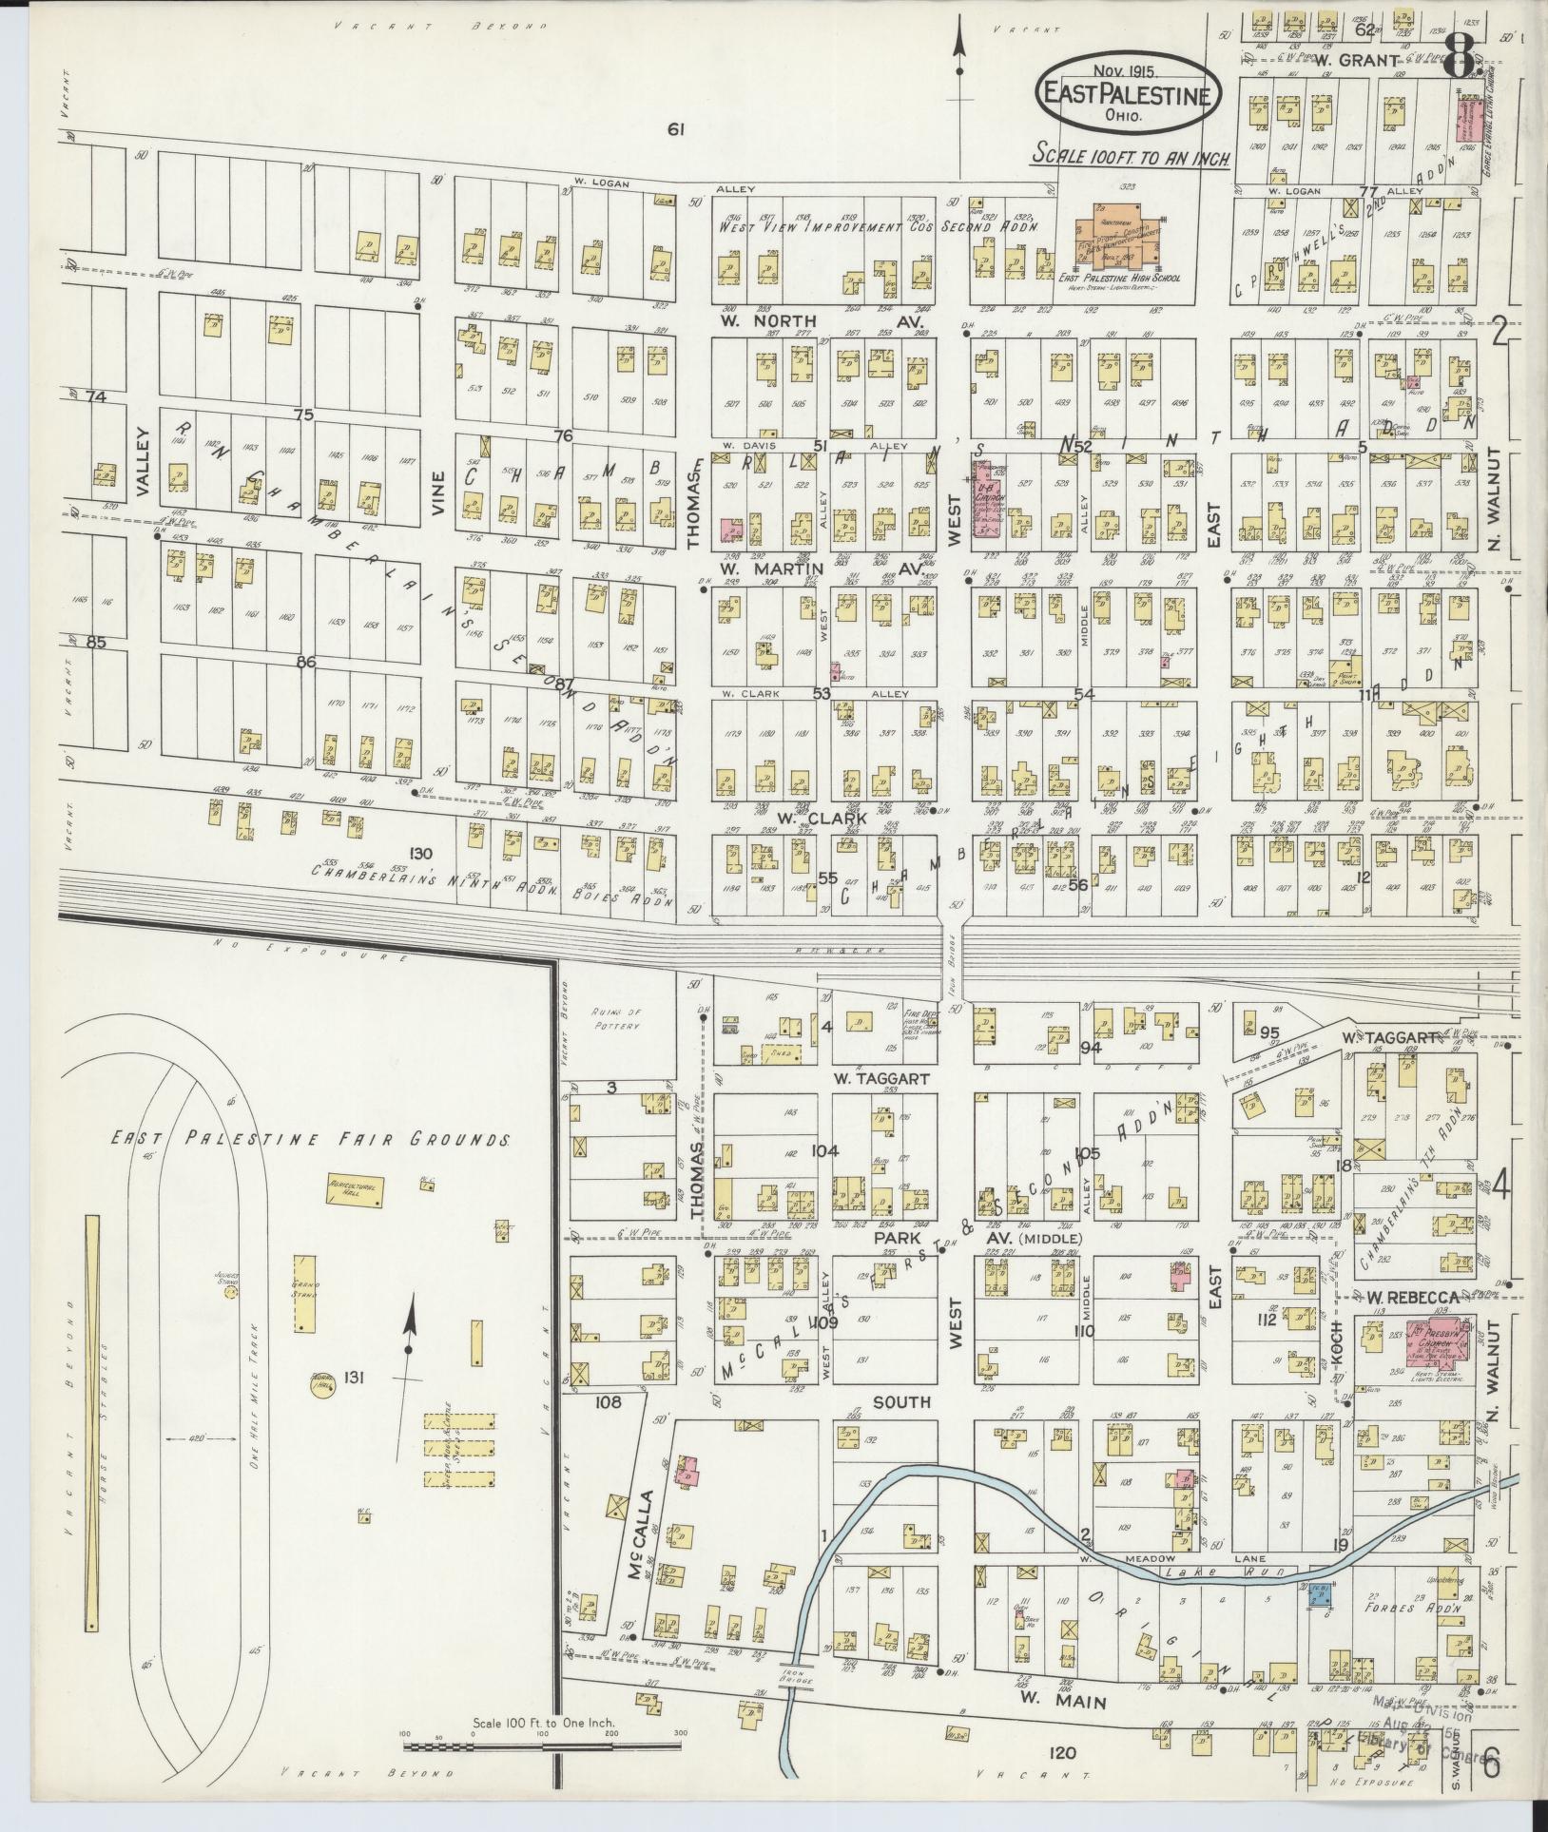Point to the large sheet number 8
tap(1459, 59)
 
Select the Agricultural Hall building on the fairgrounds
tap(355, 1189)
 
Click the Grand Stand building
tap(304, 1293)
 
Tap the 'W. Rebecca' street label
tap(1412, 1298)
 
